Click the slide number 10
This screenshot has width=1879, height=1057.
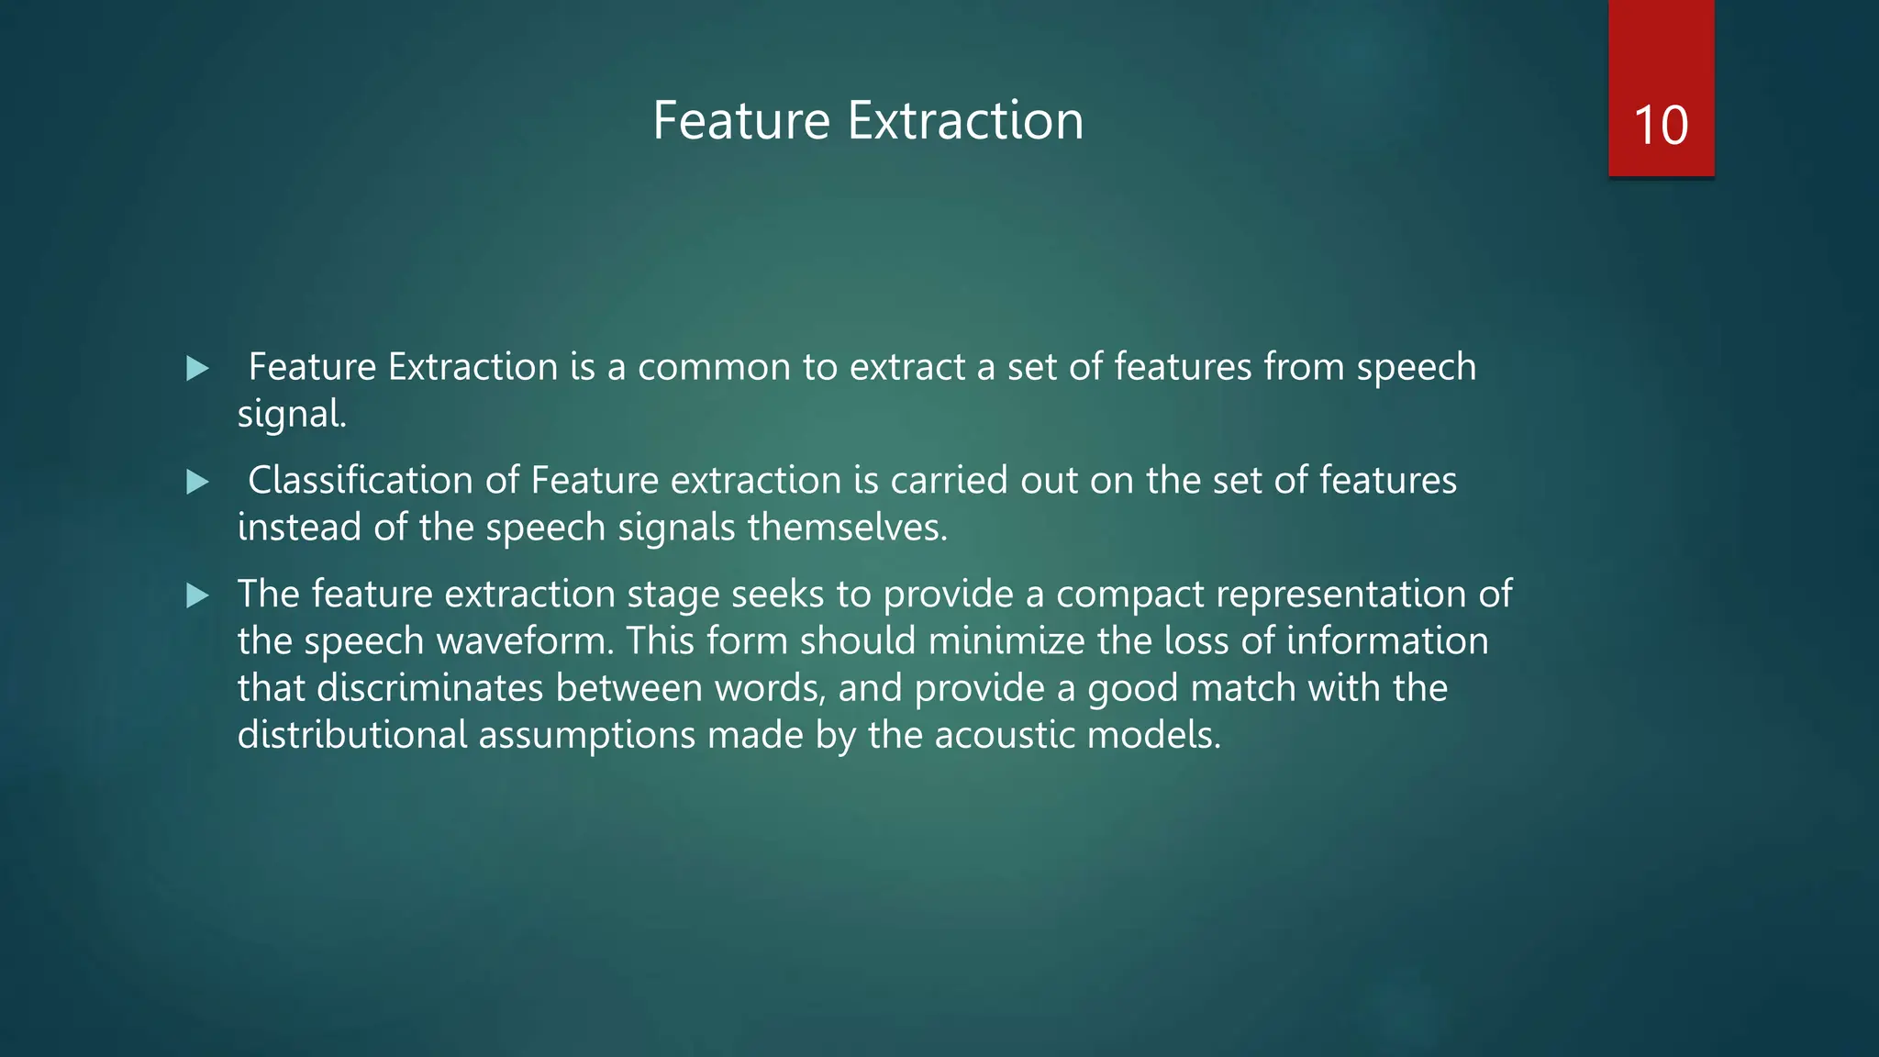(x=1661, y=126)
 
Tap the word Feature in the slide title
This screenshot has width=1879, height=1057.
(x=741, y=120)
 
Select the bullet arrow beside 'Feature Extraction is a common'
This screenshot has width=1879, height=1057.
(x=197, y=369)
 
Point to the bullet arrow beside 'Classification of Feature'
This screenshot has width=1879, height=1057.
(x=197, y=482)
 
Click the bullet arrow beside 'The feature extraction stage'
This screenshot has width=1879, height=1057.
(x=197, y=596)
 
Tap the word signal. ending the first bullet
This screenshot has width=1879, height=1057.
(x=292, y=415)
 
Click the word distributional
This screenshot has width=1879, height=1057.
(x=352, y=735)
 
